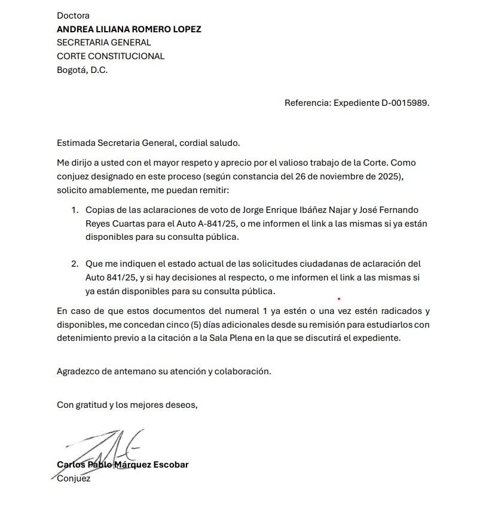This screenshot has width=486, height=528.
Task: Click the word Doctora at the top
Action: coord(73,16)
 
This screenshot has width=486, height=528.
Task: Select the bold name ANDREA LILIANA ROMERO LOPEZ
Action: coord(129,29)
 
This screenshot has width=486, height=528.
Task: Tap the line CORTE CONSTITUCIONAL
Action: coord(111,56)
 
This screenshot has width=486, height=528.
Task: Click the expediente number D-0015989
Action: coord(405,103)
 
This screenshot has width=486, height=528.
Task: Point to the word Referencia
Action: coord(307,103)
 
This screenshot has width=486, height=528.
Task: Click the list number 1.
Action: coord(75,210)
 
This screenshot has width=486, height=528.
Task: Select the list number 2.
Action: coord(75,264)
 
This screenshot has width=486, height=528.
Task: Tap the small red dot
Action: coord(339,298)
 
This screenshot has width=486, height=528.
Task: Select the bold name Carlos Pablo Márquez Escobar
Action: coord(123,465)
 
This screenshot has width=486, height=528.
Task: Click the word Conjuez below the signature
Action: coord(74,478)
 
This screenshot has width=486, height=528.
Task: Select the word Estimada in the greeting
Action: coord(76,143)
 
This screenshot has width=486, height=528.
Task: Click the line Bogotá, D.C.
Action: coord(82,70)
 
